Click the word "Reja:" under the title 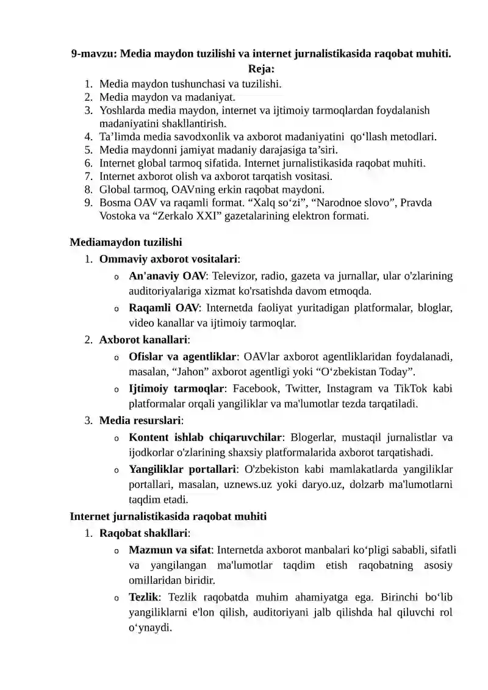(261, 70)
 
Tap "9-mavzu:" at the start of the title (94, 54)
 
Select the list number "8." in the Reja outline (89, 190)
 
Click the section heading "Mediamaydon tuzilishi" (126, 242)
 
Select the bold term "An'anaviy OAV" (167, 276)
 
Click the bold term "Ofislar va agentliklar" (182, 356)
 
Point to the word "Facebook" (256, 389)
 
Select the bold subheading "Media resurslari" (140, 420)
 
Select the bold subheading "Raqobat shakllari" (144, 533)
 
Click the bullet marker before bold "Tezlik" (116, 598)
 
